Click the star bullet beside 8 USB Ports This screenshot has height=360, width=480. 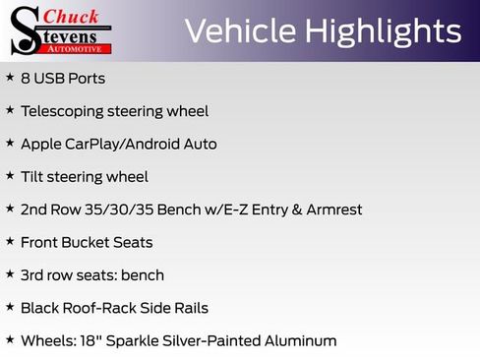10,77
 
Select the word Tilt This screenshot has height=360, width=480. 32,177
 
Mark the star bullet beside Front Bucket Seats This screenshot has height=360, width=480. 10,241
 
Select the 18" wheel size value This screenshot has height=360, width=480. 85,340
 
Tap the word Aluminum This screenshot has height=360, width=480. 299,340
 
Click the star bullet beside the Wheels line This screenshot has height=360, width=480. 10,339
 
